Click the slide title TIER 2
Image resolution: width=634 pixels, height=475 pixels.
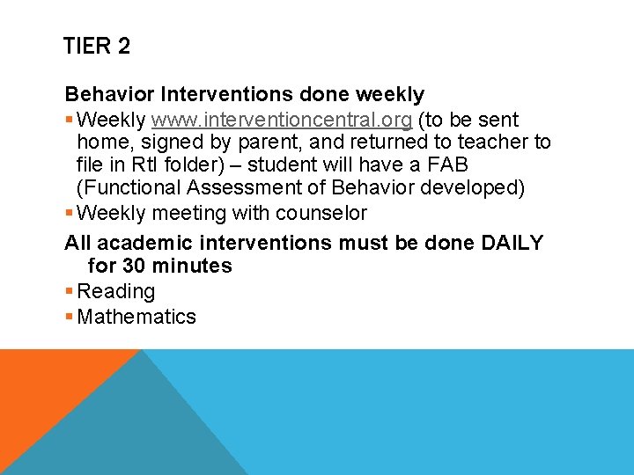pos(97,47)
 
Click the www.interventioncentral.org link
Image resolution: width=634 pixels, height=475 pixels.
pos(282,120)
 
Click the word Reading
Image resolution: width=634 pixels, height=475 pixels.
pos(116,291)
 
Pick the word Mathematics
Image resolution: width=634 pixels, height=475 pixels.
pos(136,317)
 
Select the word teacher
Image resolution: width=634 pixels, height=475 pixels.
pos(493,142)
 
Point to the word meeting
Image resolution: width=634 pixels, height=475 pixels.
pos(189,213)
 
